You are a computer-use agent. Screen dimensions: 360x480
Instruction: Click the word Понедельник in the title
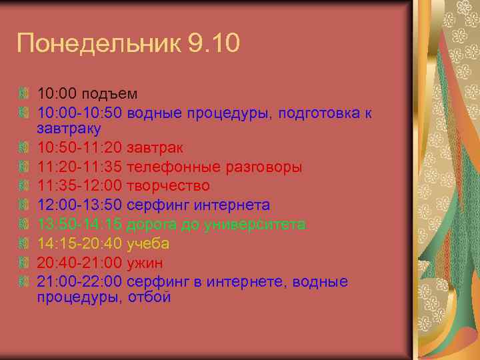click(x=99, y=45)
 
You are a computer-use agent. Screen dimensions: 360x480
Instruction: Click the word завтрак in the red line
click(x=155, y=147)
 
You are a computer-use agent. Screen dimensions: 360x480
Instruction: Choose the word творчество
click(x=168, y=185)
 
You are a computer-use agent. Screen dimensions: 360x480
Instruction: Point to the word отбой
click(x=149, y=297)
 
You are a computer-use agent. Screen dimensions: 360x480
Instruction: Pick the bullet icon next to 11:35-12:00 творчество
click(x=25, y=185)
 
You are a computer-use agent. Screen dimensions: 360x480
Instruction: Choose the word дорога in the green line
click(x=148, y=224)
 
